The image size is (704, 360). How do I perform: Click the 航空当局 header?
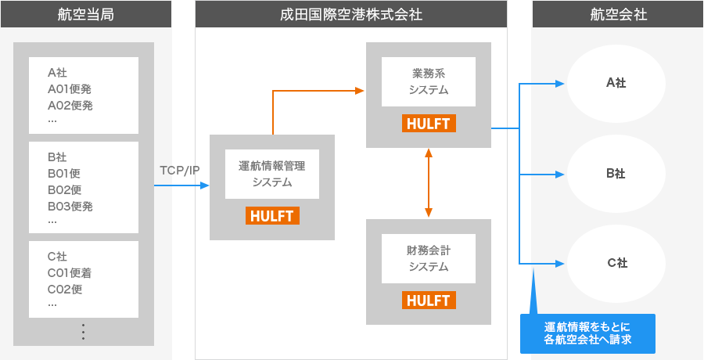click(x=86, y=14)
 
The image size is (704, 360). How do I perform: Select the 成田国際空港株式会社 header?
click(x=350, y=14)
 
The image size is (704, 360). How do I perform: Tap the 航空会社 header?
click(x=618, y=14)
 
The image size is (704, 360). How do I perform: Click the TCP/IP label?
click(x=180, y=170)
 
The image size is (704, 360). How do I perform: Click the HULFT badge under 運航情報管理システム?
click(x=272, y=216)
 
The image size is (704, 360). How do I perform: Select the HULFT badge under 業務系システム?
click(x=429, y=124)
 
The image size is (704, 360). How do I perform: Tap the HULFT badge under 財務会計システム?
click(x=429, y=301)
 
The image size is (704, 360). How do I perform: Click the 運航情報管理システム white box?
click(x=272, y=174)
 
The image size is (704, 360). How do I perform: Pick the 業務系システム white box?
click(x=429, y=81)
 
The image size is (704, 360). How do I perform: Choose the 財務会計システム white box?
click(x=429, y=258)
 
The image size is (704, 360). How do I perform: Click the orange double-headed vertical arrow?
click(x=429, y=182)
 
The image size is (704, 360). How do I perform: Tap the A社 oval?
click(x=616, y=83)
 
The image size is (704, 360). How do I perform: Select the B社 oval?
click(x=616, y=174)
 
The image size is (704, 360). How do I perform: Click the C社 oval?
click(x=616, y=264)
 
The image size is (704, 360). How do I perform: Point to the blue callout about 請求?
click(x=587, y=333)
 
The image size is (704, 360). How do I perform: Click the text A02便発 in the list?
click(x=70, y=106)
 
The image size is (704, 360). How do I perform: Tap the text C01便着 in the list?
click(x=70, y=273)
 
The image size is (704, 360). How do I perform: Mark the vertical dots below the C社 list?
click(x=83, y=332)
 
